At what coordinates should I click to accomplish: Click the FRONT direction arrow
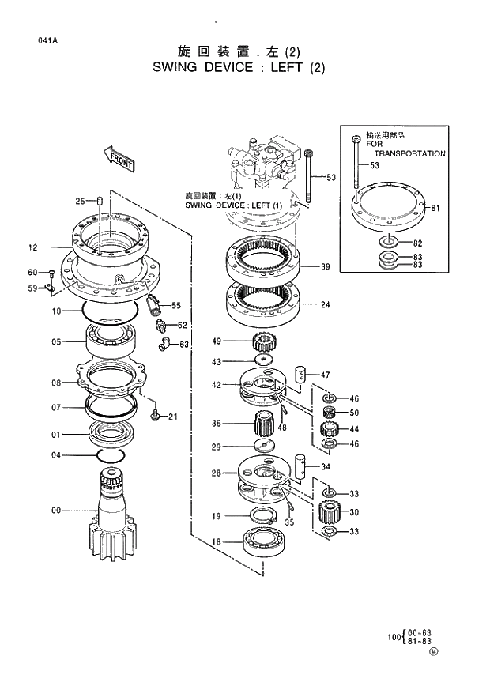[x=119, y=160]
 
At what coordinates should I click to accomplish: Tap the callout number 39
[x=325, y=267]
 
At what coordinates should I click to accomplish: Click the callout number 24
[x=325, y=304]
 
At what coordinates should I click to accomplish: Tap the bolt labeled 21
[x=155, y=414]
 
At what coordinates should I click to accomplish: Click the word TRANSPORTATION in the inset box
[x=409, y=154]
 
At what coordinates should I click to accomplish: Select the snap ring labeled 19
[x=262, y=518]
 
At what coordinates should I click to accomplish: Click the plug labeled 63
[x=165, y=343]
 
